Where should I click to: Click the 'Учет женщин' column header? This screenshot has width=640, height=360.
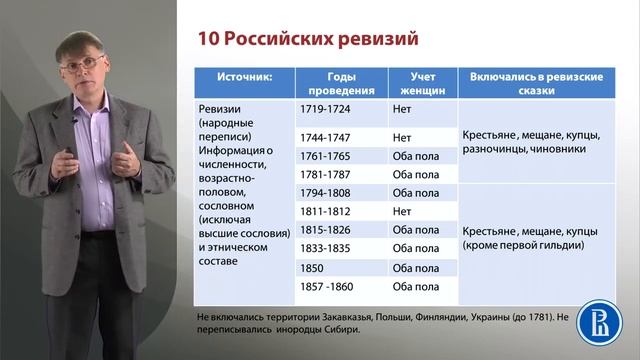pyautogui.click(x=420, y=82)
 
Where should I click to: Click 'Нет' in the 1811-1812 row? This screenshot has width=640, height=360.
pyautogui.click(x=403, y=211)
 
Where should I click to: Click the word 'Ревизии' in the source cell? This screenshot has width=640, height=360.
pyautogui.click(x=218, y=107)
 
